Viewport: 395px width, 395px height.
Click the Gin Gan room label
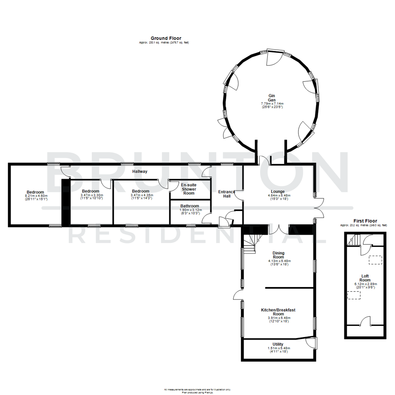(271, 98)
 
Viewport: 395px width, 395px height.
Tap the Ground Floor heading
(166, 38)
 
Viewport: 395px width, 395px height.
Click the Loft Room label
(365, 278)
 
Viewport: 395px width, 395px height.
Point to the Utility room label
(278, 344)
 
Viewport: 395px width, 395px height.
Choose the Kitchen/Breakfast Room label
(278, 312)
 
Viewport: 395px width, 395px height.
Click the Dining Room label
(278, 255)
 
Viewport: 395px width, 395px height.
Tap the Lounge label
(278, 191)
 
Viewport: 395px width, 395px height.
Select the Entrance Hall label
(226, 194)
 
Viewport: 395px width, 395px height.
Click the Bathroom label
(189, 206)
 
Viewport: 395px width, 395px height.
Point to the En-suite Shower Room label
(189, 189)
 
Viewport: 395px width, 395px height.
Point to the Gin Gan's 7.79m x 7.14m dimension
(271, 104)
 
